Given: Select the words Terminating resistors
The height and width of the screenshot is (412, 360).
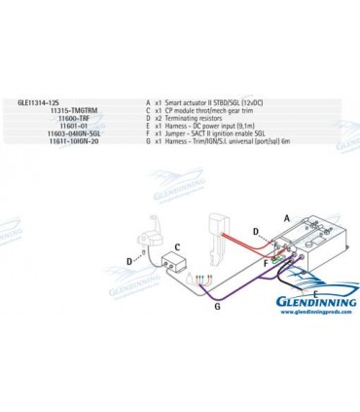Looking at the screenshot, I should pyautogui.click(x=196, y=118).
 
